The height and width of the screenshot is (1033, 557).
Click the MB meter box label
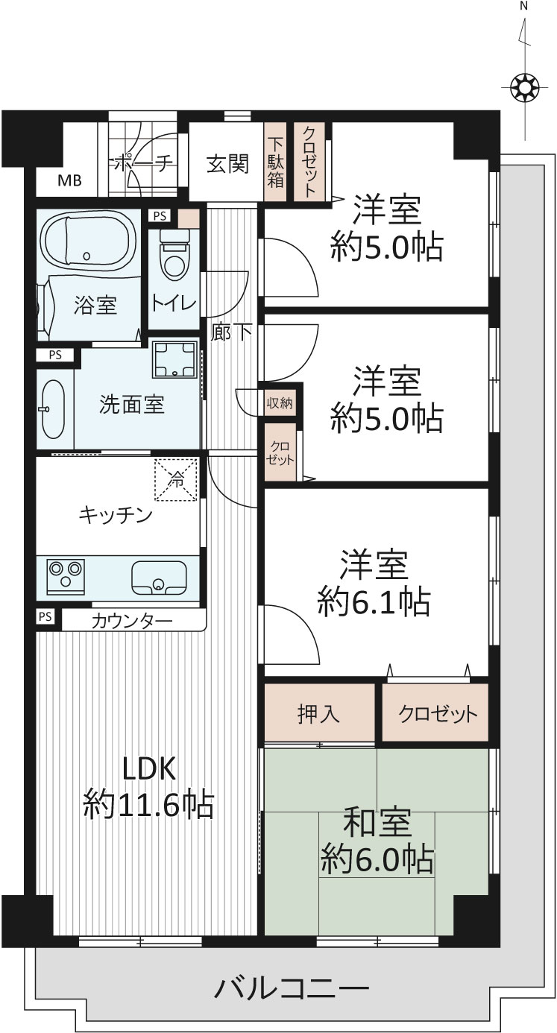[69, 180]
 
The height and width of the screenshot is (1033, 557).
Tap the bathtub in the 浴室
[89, 240]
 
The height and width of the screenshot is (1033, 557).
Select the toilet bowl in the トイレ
[174, 255]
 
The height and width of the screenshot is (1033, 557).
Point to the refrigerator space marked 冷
[175, 480]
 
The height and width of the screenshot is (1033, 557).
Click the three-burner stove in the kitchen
[66, 576]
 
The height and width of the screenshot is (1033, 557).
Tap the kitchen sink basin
[159, 578]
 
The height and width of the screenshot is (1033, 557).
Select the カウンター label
[132, 622]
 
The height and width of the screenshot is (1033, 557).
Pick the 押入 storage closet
[319, 713]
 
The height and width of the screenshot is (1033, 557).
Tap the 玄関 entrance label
[227, 164]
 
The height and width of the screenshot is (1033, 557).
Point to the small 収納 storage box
[280, 403]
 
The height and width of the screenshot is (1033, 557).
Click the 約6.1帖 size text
[374, 601]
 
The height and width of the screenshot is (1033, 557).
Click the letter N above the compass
[523, 7]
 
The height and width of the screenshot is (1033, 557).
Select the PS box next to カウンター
[45, 616]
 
